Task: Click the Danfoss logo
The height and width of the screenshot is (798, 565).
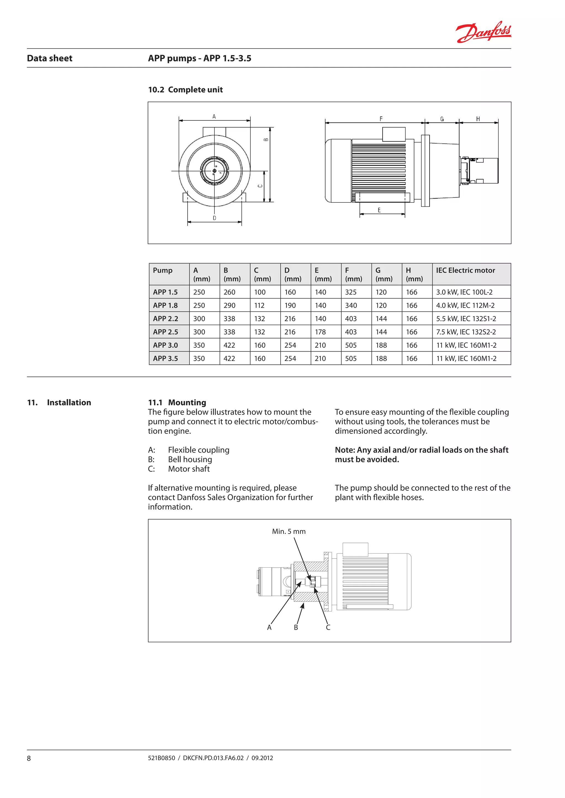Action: click(483, 32)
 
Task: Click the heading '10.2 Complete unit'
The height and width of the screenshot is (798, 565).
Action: click(185, 90)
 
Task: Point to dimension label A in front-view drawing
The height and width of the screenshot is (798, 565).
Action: click(214, 117)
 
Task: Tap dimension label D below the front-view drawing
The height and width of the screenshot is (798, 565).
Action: click(214, 218)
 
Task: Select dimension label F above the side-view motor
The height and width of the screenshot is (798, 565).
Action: click(381, 119)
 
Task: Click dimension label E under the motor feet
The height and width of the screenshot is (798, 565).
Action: click(379, 210)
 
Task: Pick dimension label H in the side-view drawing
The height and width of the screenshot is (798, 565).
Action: click(478, 119)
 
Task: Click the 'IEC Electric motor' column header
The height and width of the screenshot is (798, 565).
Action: click(465, 270)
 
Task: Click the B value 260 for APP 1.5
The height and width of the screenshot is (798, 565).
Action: click(229, 292)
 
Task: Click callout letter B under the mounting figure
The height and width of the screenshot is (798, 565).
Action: click(296, 627)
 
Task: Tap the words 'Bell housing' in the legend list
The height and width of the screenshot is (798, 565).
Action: click(190, 459)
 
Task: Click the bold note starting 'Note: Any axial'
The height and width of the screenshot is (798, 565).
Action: click(421, 454)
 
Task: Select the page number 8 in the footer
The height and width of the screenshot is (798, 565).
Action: click(29, 758)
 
